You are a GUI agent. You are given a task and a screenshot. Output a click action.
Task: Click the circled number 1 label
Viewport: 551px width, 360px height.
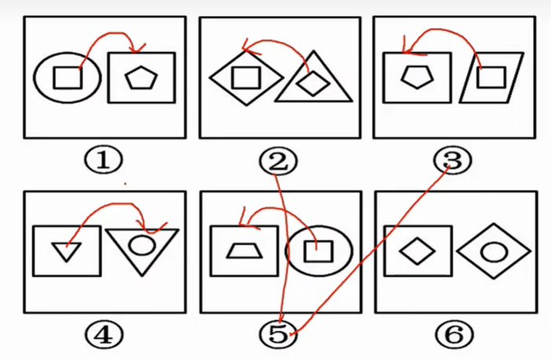(104, 160)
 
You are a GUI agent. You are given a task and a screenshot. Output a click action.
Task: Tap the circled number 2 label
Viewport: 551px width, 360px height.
(278, 162)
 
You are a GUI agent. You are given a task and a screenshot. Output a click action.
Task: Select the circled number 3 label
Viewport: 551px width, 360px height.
(453, 161)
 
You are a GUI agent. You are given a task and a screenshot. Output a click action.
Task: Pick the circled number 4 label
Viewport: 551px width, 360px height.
(104, 335)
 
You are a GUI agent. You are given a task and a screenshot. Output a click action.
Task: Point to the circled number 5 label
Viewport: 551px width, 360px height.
(278, 335)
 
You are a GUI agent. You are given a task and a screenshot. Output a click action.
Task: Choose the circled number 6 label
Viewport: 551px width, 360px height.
(454, 334)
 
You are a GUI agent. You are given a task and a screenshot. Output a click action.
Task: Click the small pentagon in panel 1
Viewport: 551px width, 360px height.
(141, 78)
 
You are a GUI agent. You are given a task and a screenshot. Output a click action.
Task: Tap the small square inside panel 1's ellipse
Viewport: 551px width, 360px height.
(68, 78)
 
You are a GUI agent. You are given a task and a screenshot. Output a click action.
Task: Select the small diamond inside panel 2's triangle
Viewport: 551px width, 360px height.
(312, 83)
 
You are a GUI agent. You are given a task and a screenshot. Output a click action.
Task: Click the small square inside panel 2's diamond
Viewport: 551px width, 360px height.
(246, 78)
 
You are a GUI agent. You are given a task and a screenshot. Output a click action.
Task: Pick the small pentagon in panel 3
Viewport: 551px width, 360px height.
(417, 77)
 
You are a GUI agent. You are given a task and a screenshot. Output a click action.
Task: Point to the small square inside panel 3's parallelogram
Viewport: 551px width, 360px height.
(491, 78)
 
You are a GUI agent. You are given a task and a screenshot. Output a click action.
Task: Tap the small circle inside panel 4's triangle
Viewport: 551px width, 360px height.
(141, 245)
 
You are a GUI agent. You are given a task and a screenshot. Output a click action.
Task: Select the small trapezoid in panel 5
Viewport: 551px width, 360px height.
(245, 251)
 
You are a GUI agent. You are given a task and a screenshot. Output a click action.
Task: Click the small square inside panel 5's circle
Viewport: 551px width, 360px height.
(319, 252)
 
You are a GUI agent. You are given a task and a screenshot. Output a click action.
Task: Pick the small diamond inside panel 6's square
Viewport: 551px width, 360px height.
(418, 251)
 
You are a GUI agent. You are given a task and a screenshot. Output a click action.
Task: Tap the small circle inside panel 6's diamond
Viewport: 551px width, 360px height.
(494, 253)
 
